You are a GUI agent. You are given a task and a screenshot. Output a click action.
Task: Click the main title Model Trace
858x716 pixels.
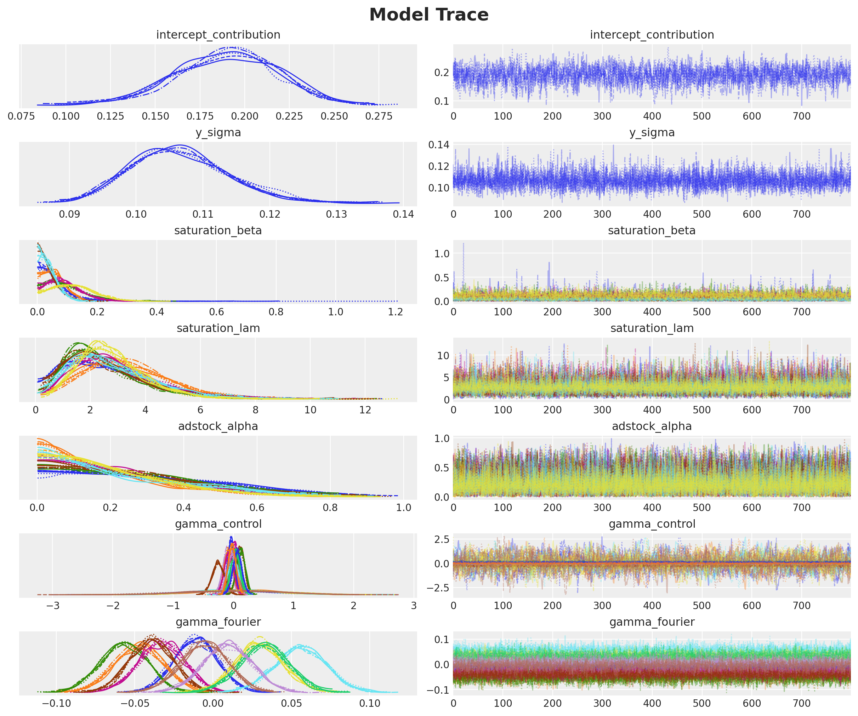point(428,15)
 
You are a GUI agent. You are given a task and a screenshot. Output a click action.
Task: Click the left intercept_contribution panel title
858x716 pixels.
point(218,35)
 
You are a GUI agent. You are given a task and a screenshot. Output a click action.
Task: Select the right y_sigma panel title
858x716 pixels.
point(652,133)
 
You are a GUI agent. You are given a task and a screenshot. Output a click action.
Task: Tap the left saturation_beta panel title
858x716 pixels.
point(218,231)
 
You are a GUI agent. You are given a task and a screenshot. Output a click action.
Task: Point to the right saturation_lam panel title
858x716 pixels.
point(652,328)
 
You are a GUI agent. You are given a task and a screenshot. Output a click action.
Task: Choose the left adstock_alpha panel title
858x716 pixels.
point(218,426)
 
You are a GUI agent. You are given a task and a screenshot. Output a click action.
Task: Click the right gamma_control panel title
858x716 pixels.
point(652,524)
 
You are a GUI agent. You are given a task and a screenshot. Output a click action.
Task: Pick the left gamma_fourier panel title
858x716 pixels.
point(218,622)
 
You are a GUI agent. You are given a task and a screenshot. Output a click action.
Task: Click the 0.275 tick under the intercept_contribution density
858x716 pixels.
point(379,116)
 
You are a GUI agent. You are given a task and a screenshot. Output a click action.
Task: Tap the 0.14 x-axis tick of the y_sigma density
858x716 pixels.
point(403,214)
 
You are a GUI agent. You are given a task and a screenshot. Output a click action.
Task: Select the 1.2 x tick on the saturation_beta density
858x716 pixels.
point(396,312)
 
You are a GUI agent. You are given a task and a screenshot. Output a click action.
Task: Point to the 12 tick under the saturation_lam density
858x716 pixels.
point(365,410)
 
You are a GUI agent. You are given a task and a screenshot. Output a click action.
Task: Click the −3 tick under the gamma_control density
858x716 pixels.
point(53,606)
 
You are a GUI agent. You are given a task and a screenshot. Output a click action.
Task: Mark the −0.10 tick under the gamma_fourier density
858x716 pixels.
point(56,703)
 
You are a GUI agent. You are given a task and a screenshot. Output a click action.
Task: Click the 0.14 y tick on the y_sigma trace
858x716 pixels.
point(438,145)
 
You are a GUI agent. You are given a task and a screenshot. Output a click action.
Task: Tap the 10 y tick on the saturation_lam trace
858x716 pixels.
point(443,356)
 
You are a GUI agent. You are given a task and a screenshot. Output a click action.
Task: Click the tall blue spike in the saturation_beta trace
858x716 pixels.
point(463,245)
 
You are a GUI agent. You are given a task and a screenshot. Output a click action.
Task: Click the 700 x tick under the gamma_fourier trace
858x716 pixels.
point(801,703)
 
